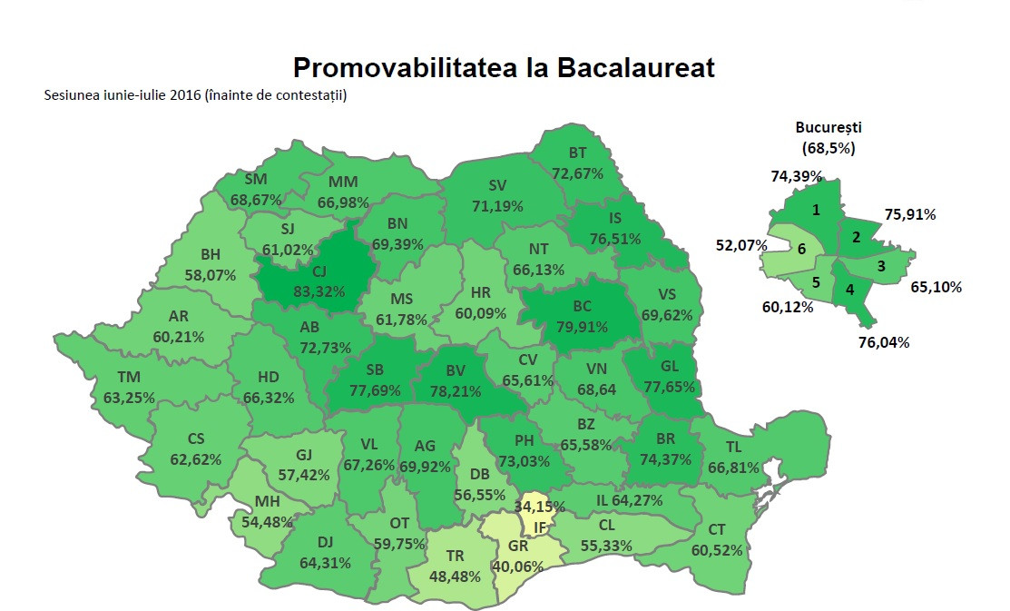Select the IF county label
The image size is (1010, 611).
click(x=539, y=527)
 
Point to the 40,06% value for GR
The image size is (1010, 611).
click(x=517, y=566)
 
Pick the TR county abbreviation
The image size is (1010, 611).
click(x=455, y=555)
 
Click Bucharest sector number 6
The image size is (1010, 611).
click(x=801, y=248)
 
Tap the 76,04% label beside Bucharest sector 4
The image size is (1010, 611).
click(x=884, y=342)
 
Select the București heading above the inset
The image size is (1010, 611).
click(x=828, y=128)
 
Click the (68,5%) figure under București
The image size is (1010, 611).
click(x=829, y=147)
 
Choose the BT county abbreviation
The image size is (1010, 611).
click(x=577, y=153)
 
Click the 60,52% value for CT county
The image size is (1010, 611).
click(x=716, y=550)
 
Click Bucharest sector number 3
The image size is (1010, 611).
click(x=880, y=266)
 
